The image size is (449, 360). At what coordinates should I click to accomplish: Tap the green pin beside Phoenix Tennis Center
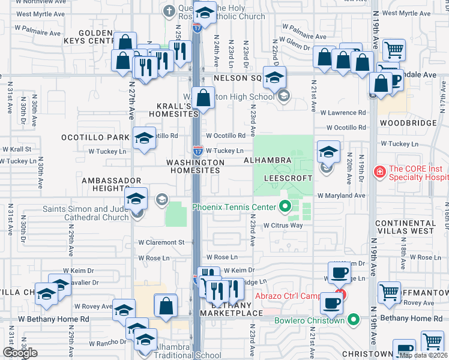pyautogui.click(x=285, y=208)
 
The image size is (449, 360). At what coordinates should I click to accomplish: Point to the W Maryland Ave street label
pyautogui.click(x=341, y=196)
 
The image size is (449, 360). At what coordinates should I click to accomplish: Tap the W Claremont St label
pyautogui.click(x=161, y=242)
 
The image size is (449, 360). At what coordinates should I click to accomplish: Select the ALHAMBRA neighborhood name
pyautogui.click(x=267, y=161)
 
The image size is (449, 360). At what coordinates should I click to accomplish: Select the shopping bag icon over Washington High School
pyautogui.click(x=204, y=97)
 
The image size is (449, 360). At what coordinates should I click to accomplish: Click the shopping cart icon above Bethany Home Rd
pyautogui.click(x=390, y=292)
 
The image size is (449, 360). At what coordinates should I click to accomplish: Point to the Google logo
pyautogui.click(x=20, y=353)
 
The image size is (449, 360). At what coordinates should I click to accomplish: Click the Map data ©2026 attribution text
pyautogui.click(x=423, y=355)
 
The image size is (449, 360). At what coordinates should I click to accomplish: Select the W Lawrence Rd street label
pyautogui.click(x=343, y=112)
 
